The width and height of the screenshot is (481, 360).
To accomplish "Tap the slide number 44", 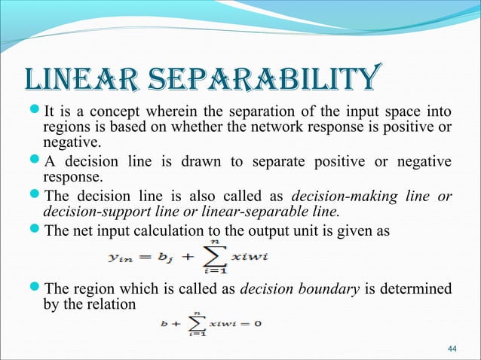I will coord(452,347).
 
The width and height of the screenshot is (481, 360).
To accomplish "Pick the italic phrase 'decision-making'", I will coord(337,197).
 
